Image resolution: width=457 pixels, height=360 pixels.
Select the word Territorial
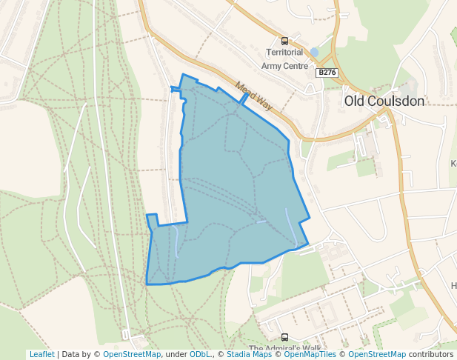pyautogui.click(x=284, y=53)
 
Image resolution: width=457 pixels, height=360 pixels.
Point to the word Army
pyautogui.click(x=273, y=66)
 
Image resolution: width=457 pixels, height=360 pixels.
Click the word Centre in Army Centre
pyautogui.click(x=296, y=66)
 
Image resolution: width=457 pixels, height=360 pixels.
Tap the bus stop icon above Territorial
pyautogui.click(x=284, y=41)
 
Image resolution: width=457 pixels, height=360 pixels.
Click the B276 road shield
pyautogui.click(x=326, y=73)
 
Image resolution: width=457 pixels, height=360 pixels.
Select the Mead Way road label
pyautogui.click(x=254, y=96)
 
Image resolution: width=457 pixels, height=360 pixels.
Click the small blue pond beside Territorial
pyautogui.click(x=315, y=53)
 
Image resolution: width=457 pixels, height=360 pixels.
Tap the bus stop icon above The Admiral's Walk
pyautogui.click(x=284, y=337)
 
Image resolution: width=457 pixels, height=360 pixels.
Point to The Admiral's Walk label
pyautogui.click(x=284, y=349)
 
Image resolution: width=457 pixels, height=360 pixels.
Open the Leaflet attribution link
pyautogui.click(x=41, y=354)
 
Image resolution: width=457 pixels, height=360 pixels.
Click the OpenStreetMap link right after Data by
pyautogui.click(x=131, y=354)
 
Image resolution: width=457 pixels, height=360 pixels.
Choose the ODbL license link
pyautogui.click(x=200, y=354)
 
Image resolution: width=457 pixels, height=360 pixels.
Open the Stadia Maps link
pyautogui.click(x=249, y=354)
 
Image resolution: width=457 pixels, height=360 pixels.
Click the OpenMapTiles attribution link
pyautogui.click(x=309, y=354)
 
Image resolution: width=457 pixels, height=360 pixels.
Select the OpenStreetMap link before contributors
pyautogui.click(x=377, y=354)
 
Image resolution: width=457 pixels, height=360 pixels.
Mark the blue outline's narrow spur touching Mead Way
pyautogui.click(x=244, y=99)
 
